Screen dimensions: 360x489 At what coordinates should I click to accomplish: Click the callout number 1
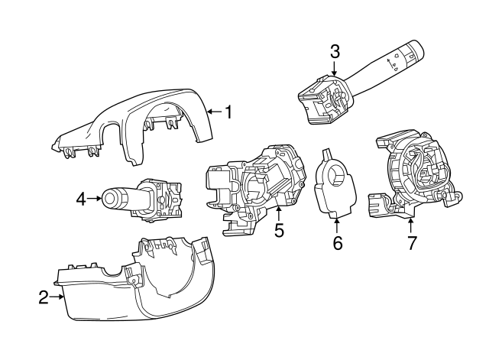click(227, 112)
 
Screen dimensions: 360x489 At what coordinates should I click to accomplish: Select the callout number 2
click(44, 297)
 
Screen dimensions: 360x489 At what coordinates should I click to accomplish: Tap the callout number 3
click(335, 52)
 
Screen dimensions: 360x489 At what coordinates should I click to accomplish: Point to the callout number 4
click(81, 199)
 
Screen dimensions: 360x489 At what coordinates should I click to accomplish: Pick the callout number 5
click(279, 229)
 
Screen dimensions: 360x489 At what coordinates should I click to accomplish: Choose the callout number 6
click(337, 244)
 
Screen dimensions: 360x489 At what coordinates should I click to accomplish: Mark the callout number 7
click(411, 244)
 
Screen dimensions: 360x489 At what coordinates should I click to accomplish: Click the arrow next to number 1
click(213, 112)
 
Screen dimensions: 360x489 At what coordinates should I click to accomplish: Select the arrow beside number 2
click(57, 297)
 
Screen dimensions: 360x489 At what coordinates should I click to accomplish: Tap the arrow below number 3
click(335, 70)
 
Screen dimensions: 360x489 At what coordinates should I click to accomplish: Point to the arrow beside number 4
click(95, 199)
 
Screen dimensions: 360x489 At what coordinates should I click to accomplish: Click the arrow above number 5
click(279, 212)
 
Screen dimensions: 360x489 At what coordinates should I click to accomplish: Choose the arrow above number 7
click(411, 225)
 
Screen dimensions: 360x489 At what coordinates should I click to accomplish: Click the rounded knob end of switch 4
click(113, 200)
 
